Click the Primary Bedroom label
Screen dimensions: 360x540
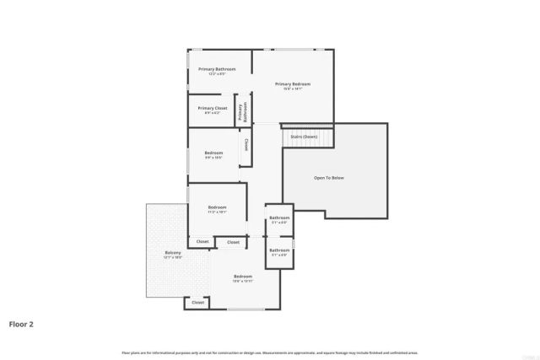tap(293, 83)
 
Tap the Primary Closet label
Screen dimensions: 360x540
tap(213, 108)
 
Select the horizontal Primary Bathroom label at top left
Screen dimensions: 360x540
tap(217, 68)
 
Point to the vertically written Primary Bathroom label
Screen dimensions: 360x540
tap(244, 112)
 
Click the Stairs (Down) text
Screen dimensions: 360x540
tap(304, 136)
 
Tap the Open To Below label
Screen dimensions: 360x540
tap(329, 178)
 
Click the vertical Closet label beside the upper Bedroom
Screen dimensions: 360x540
tap(246, 145)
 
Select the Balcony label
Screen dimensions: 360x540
tap(173, 253)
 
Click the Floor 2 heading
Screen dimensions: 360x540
tap(21, 323)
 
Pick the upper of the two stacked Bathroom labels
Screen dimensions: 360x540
tap(279, 218)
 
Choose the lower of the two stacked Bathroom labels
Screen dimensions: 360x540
tap(279, 250)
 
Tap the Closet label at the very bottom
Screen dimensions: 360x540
tap(197, 302)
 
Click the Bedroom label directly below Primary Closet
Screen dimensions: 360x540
tap(213, 153)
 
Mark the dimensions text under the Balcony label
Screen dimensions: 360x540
tap(173, 258)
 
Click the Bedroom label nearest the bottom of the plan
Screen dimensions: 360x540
tap(243, 277)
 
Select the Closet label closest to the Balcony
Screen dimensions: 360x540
tap(202, 242)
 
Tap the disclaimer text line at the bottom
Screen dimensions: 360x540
tap(270, 352)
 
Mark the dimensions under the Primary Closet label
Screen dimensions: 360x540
tap(213, 113)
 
